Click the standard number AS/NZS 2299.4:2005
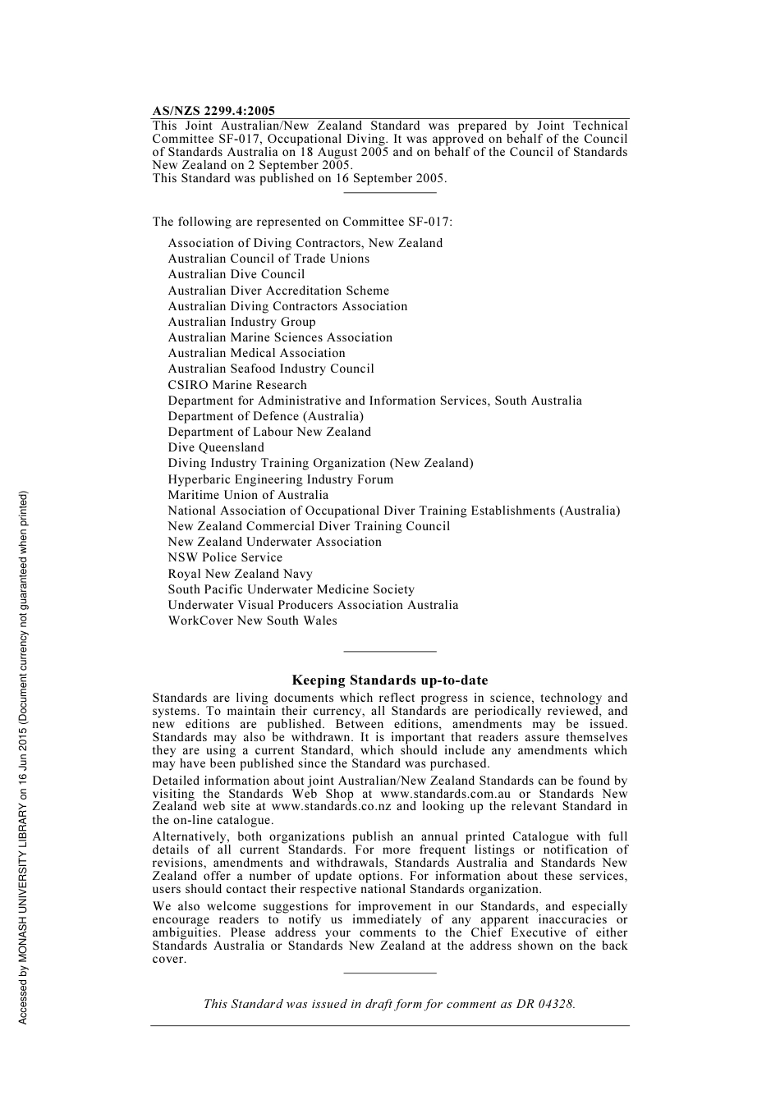click(x=213, y=111)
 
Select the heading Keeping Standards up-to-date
click(x=390, y=680)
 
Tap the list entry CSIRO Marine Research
click(x=237, y=385)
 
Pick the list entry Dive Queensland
click(x=216, y=447)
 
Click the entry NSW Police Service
click(x=225, y=557)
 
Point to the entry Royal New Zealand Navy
click(x=240, y=574)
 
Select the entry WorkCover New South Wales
click(x=252, y=621)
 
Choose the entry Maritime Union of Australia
click(x=248, y=495)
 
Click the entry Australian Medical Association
click(x=256, y=353)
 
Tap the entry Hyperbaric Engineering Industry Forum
click(x=281, y=479)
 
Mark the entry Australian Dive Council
click(x=236, y=274)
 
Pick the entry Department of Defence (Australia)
click(x=265, y=416)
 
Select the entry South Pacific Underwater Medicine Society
click(x=291, y=589)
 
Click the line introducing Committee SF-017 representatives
click(x=302, y=222)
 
